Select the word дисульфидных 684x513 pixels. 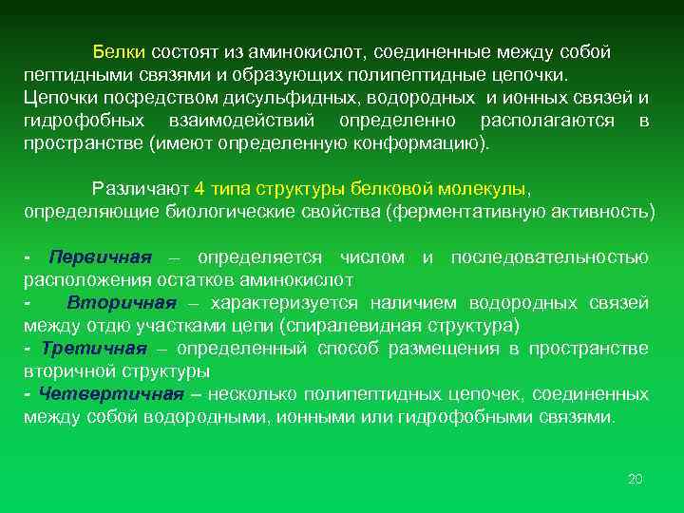point(275,99)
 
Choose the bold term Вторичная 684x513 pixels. point(122,303)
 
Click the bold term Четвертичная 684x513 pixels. point(104,394)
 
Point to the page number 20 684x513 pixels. point(636,479)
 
